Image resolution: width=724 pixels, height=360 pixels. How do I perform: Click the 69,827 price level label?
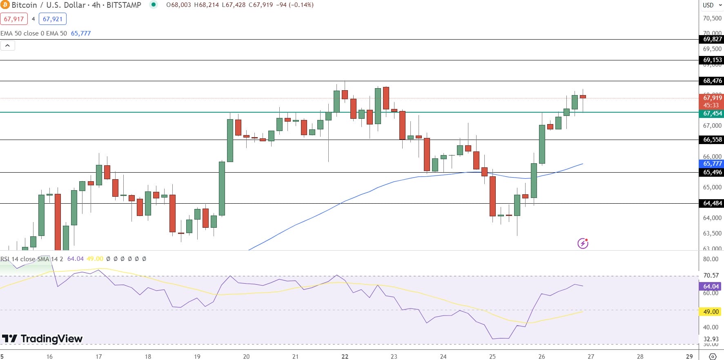click(712, 39)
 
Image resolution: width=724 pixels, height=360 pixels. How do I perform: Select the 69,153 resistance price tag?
click(712, 60)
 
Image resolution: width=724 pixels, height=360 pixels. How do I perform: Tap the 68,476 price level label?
click(712, 81)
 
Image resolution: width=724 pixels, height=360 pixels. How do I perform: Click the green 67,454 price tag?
click(712, 113)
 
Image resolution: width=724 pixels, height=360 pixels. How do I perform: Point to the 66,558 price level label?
click(712, 140)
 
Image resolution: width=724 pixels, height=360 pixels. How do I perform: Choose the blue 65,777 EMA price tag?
click(712, 164)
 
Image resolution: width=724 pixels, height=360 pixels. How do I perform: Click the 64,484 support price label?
click(712, 203)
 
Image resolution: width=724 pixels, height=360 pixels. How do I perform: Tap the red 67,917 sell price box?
click(14, 19)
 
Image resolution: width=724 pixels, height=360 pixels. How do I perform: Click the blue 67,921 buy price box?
click(53, 19)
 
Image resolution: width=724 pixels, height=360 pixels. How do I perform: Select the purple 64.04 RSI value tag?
click(711, 287)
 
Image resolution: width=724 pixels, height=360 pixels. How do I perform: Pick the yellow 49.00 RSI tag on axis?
click(711, 312)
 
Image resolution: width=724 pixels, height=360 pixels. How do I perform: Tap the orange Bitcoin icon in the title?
click(5, 5)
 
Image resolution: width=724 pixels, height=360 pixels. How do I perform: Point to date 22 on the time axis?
click(345, 356)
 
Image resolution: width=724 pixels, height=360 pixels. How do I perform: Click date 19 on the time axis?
click(197, 356)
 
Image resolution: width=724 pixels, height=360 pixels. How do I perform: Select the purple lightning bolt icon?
click(583, 244)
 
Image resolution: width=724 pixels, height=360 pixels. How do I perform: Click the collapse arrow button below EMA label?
click(8, 46)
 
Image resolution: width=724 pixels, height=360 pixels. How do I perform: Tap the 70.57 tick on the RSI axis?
click(711, 276)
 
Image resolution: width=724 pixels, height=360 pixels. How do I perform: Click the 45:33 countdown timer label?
click(711, 105)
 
